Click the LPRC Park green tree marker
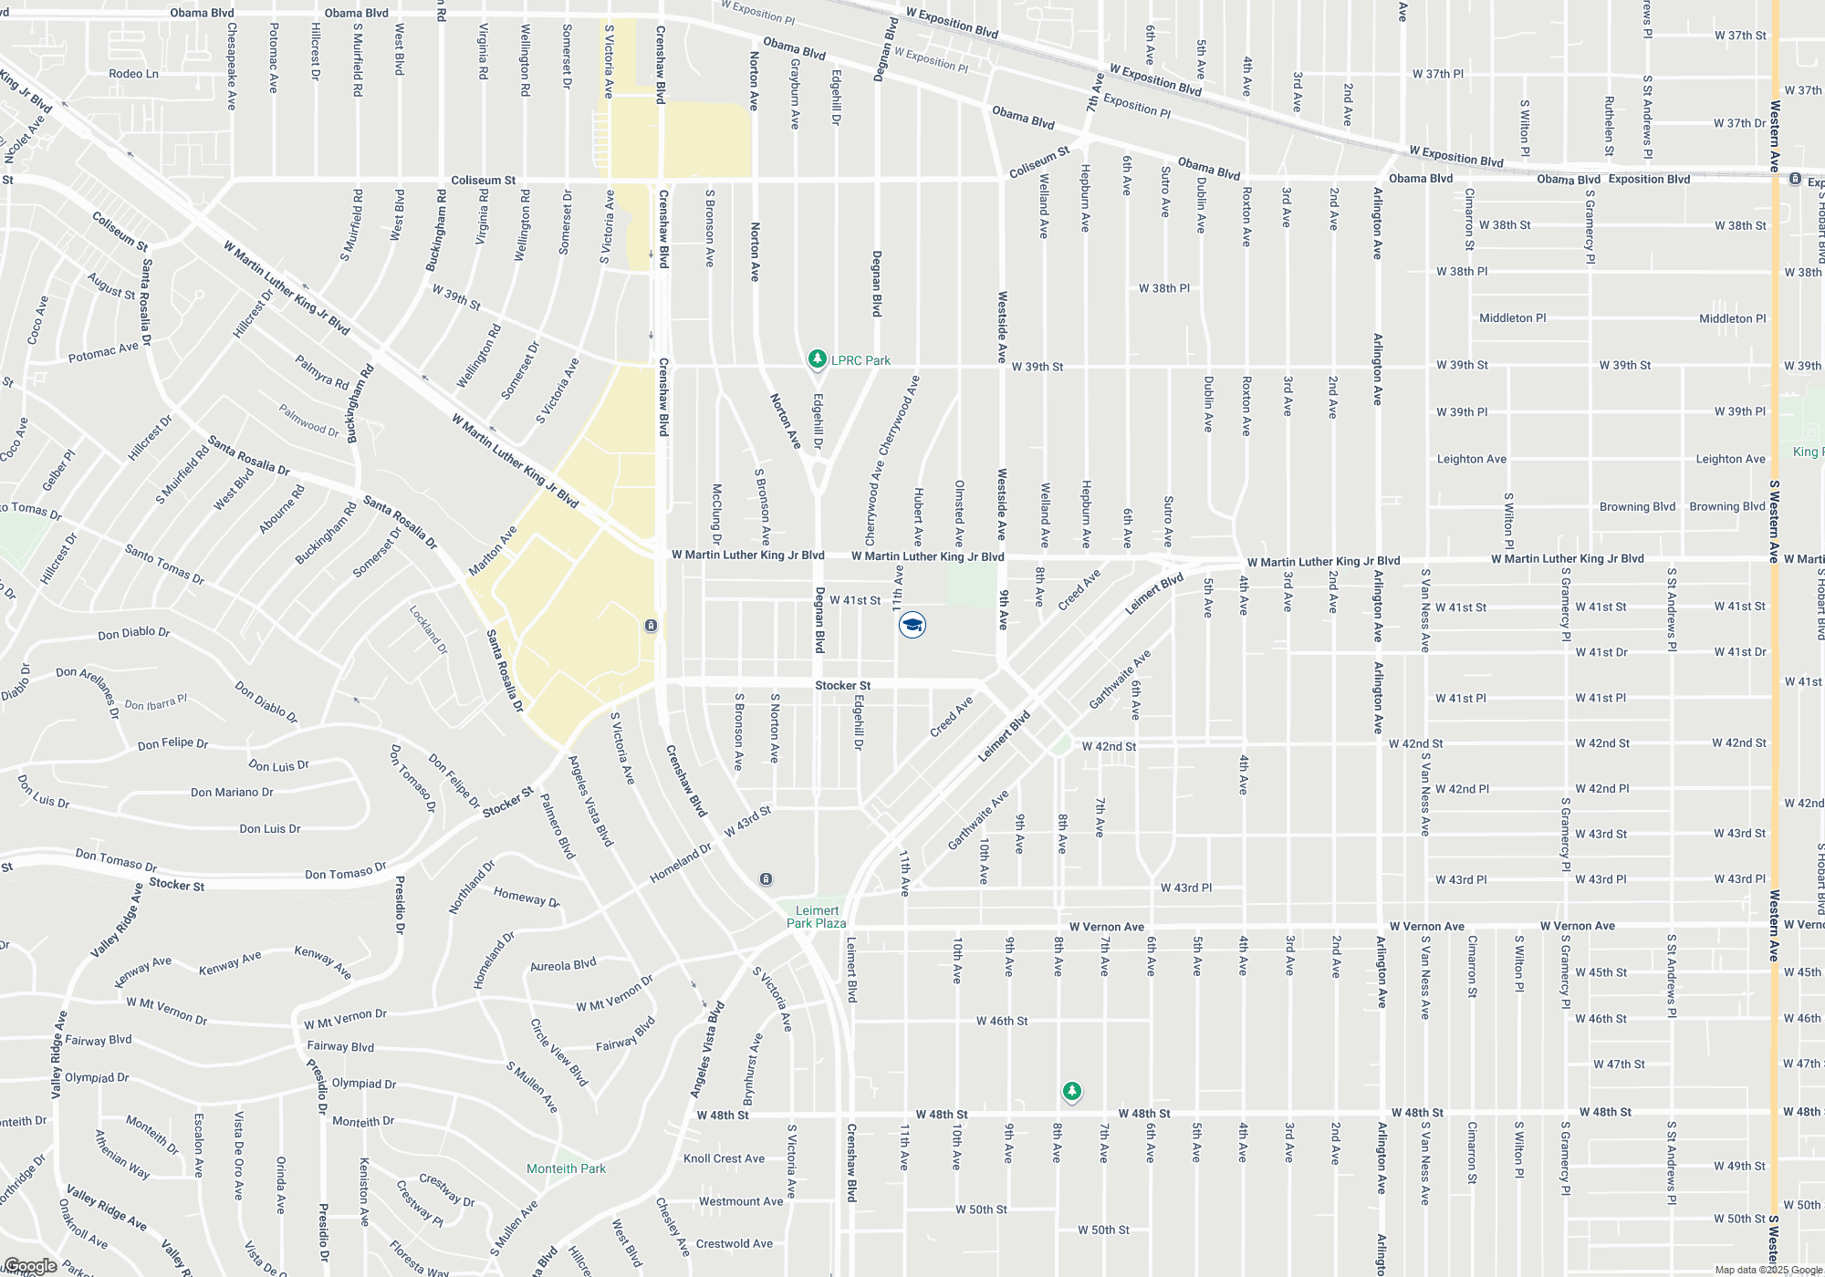click(x=818, y=359)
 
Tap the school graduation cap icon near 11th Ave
click(x=912, y=625)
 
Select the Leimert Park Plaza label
click(x=816, y=917)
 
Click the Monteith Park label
click(x=566, y=1168)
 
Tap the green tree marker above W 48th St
click(x=1072, y=1091)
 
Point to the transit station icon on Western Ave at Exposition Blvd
click(x=1794, y=180)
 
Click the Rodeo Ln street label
click(x=133, y=74)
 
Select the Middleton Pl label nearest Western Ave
click(x=1732, y=318)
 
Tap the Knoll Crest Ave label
click(x=724, y=1158)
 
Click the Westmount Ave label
click(x=740, y=1201)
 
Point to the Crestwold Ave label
click(x=734, y=1243)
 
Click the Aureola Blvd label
click(x=563, y=965)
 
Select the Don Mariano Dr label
click(x=232, y=792)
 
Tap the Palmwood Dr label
click(x=308, y=421)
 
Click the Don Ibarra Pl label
click(x=155, y=703)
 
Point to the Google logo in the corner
click(x=30, y=1266)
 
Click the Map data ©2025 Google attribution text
click(x=1768, y=1270)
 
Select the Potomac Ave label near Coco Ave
click(x=103, y=352)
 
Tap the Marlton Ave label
click(x=493, y=550)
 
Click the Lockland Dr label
click(x=428, y=629)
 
